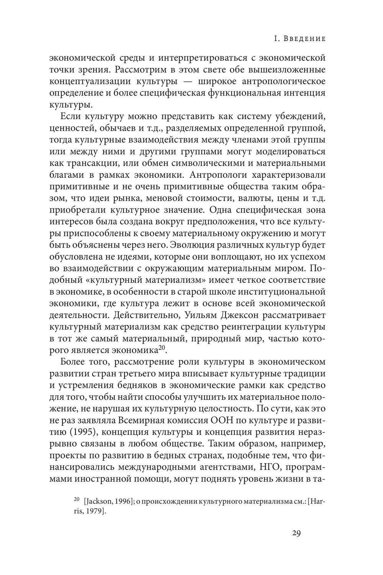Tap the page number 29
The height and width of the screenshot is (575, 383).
[296, 533]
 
